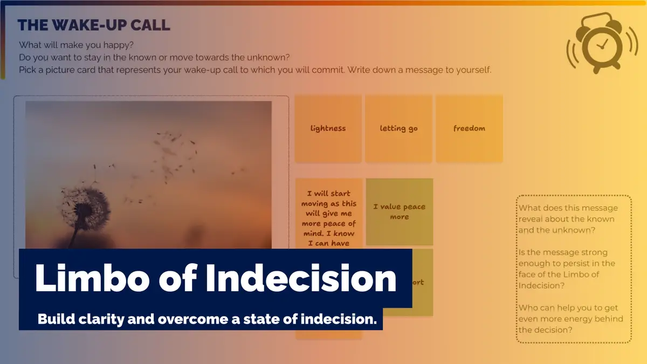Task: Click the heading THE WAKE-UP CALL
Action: (94, 25)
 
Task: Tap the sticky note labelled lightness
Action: (328, 128)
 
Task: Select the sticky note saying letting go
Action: (398, 128)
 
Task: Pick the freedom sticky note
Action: (469, 128)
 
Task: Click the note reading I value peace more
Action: (399, 211)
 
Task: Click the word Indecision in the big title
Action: (301, 278)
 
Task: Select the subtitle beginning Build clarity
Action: (207, 319)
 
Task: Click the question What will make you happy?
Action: (76, 46)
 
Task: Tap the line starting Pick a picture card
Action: (255, 70)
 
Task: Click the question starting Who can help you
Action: (571, 319)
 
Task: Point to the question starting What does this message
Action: (568, 219)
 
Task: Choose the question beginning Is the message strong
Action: (567, 269)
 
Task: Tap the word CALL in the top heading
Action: (148, 25)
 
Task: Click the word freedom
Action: (469, 128)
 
